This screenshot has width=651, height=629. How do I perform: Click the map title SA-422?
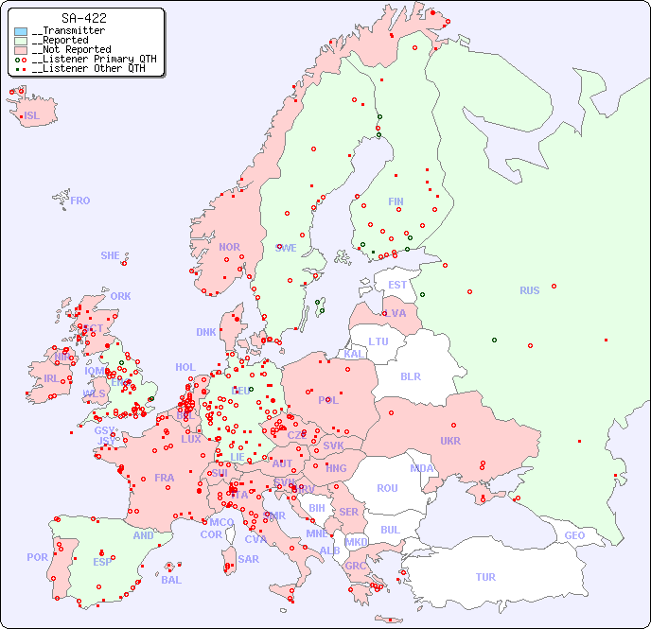click(83, 18)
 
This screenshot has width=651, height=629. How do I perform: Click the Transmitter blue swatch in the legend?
click(21, 31)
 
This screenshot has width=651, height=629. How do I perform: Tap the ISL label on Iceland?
click(32, 116)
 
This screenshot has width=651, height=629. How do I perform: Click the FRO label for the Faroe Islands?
click(80, 201)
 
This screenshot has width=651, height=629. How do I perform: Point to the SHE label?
click(110, 255)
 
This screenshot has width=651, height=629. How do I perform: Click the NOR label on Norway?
click(229, 247)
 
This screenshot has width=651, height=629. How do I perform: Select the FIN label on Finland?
click(396, 201)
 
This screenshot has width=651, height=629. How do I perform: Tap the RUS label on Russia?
click(529, 290)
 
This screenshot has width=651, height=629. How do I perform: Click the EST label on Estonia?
click(397, 285)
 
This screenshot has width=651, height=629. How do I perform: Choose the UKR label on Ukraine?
click(450, 441)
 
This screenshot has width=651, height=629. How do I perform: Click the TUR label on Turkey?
click(485, 577)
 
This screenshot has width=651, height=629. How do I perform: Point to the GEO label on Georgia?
click(574, 535)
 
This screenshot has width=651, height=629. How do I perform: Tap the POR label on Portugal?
click(37, 557)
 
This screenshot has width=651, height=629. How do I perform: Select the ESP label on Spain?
click(102, 561)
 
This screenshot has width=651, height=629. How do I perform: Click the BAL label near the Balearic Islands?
click(171, 580)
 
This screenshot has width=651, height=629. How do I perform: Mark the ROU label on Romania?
click(387, 488)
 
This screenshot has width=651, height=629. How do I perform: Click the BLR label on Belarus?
click(410, 376)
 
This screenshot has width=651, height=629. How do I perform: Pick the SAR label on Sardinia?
click(248, 559)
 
